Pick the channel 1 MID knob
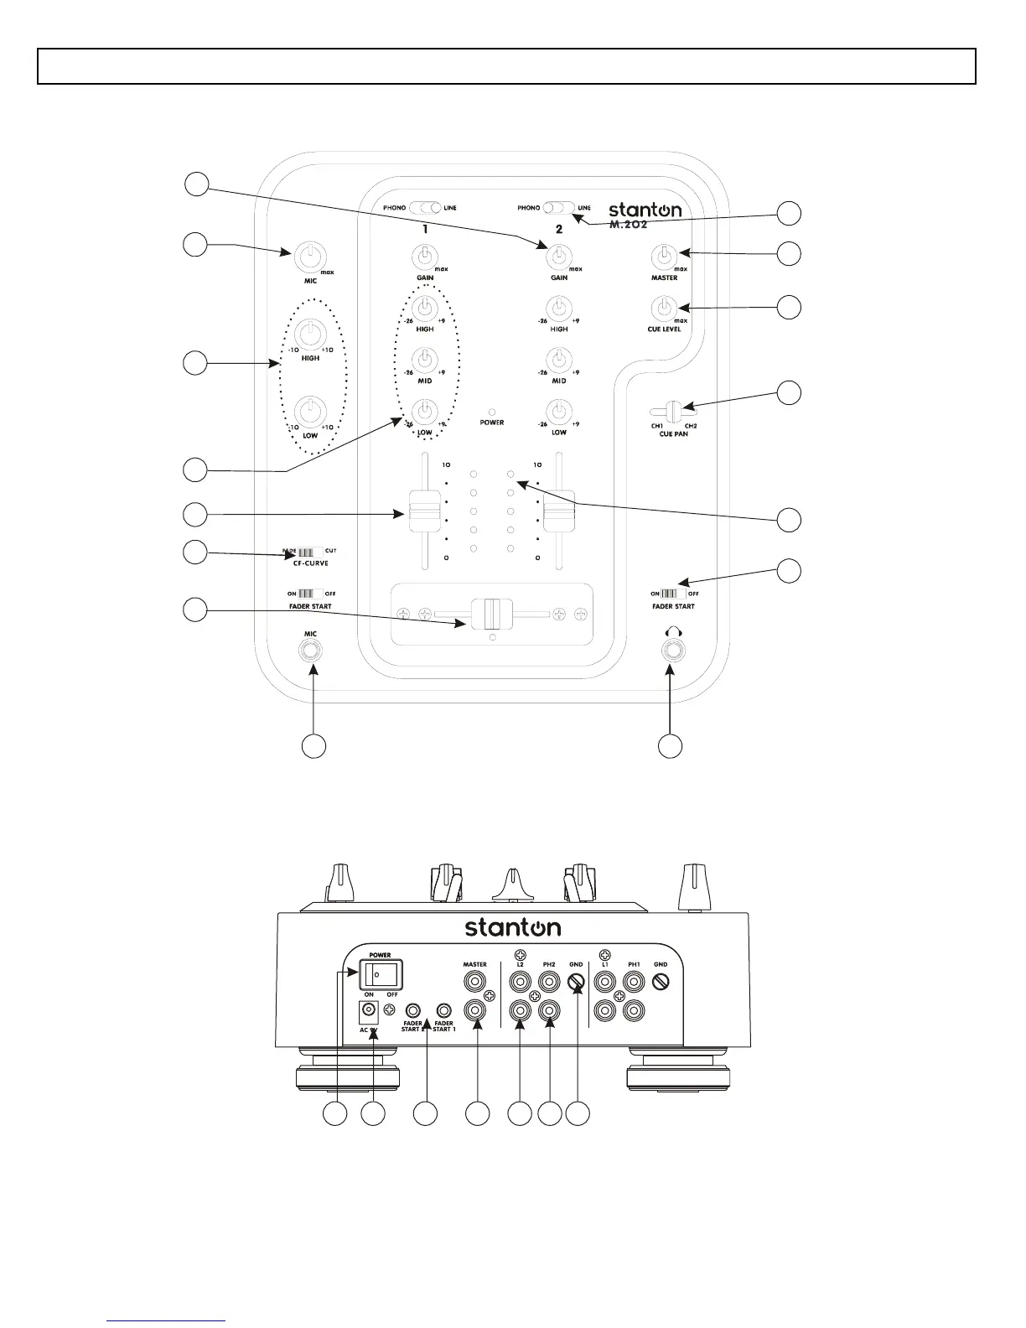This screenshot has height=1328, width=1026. (425, 359)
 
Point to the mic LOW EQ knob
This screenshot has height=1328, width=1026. (310, 411)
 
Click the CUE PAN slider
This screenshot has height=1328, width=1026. (672, 412)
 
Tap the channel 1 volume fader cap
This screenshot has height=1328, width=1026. (421, 511)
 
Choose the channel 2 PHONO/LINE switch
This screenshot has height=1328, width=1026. (559, 207)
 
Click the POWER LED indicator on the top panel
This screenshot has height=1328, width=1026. (492, 412)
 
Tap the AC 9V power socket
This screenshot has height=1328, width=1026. (367, 1010)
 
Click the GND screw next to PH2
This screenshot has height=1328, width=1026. (576, 988)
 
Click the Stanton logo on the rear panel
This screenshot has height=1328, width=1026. (513, 927)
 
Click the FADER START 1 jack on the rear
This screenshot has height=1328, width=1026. (443, 1010)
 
